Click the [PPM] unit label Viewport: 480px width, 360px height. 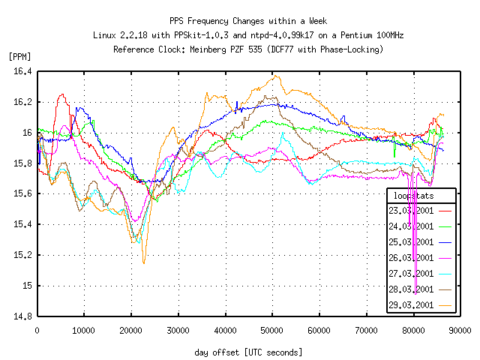point(20,56)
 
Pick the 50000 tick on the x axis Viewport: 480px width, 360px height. point(272,329)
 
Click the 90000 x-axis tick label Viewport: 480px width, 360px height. point(460,329)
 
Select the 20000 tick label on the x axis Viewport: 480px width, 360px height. point(131,329)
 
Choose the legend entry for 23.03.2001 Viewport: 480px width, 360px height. point(412,211)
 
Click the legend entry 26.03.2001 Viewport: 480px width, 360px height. point(412,258)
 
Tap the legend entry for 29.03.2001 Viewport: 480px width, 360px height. point(412,305)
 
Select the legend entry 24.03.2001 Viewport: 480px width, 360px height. point(412,226)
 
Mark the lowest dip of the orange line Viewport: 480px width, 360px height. point(144,262)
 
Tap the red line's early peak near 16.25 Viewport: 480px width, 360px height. point(62,94)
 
